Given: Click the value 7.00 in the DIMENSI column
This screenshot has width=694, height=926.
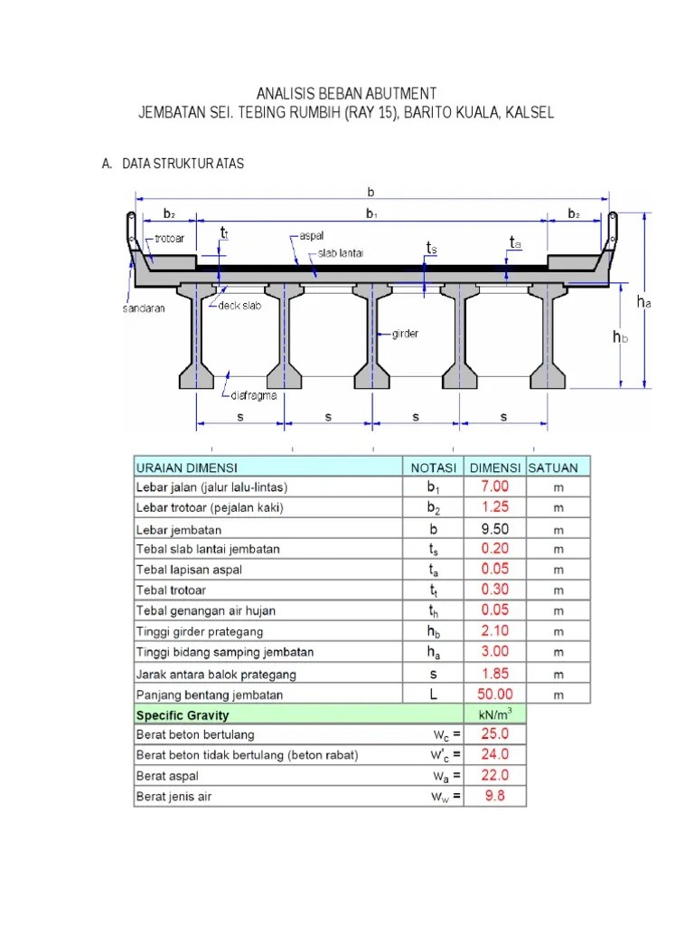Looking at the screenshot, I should pos(494,487).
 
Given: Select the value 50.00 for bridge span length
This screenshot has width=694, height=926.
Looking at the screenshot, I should pos(494,694).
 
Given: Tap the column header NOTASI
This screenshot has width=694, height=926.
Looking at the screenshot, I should pos(433,467).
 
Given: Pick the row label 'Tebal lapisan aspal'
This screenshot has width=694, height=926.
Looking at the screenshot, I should pos(189,570).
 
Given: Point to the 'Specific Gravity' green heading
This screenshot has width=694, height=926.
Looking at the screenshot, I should pos(183,714).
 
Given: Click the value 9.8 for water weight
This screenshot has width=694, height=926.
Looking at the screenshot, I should pos(494,797).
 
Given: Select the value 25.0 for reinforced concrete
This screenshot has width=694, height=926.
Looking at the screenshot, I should pos(494,734).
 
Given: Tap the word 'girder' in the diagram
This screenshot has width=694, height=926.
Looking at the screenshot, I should pos(406,334).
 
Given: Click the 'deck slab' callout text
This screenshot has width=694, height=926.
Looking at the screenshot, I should pos(239,306).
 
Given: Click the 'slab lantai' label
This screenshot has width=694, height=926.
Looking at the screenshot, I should pos(340,254).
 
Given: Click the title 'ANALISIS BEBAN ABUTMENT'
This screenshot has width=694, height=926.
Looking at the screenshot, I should pos(346,94).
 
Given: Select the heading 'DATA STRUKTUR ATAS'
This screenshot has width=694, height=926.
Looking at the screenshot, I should pos(183,164).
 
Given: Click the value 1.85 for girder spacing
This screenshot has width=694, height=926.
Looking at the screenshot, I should pos(494,674).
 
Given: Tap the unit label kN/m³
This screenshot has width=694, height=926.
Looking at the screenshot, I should pos(494,714).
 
